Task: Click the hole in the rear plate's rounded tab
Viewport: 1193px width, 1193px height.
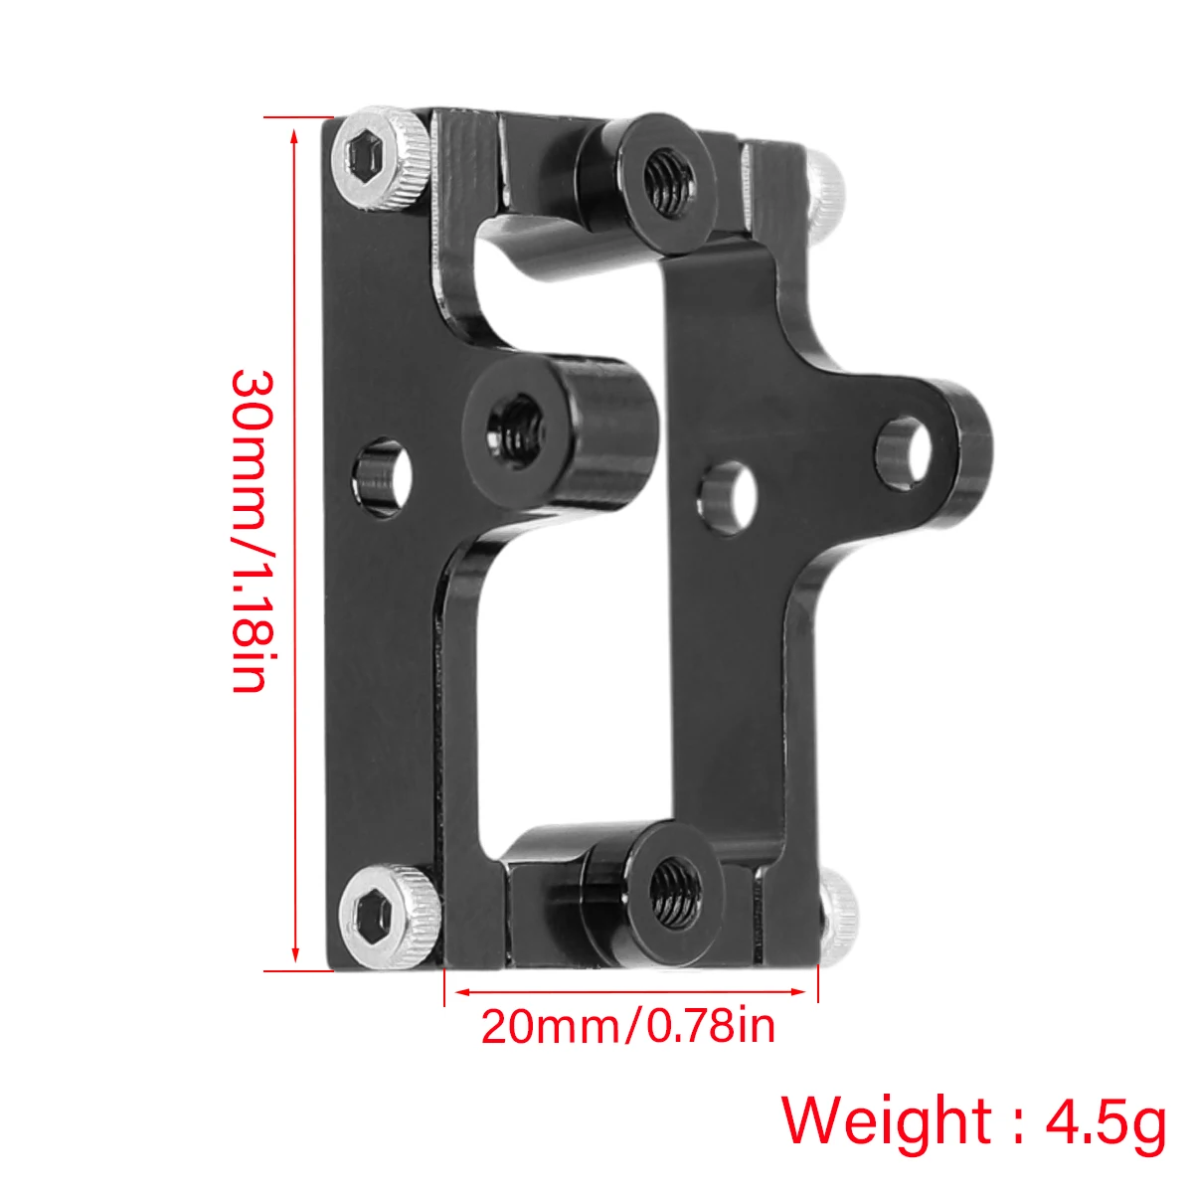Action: coord(905,452)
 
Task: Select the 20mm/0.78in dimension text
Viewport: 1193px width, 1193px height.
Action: coord(628,1026)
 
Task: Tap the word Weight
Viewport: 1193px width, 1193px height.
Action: coord(886,1121)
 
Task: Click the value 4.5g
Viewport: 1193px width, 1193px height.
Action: coord(1105,1121)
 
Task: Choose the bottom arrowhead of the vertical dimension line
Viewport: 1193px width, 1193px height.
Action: coord(295,956)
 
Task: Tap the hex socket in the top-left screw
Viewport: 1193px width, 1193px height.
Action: coord(365,156)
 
